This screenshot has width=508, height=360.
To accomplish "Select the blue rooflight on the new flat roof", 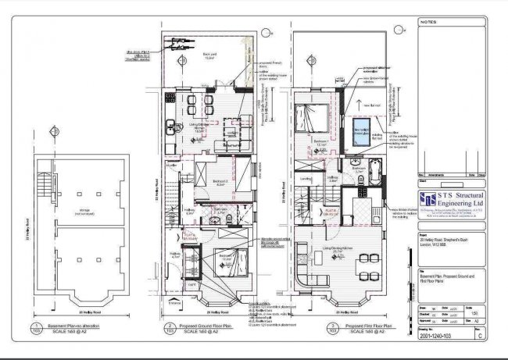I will pos(361,136).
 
